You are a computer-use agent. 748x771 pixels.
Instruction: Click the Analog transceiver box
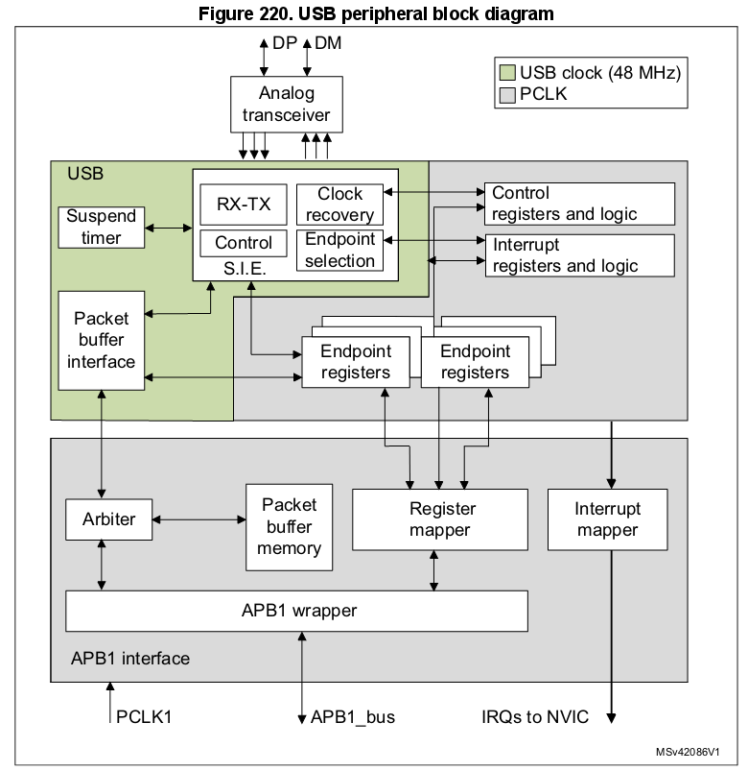click(x=286, y=105)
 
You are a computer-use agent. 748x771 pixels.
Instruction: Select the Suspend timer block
click(x=102, y=227)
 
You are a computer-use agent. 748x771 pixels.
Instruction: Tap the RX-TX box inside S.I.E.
click(x=236, y=204)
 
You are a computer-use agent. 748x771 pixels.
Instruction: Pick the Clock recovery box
click(x=339, y=204)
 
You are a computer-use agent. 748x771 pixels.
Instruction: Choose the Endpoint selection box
click(x=339, y=250)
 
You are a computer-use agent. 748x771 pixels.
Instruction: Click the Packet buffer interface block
click(x=102, y=340)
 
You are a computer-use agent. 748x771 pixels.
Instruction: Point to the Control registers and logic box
click(x=579, y=204)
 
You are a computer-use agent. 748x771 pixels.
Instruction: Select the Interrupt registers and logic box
click(x=579, y=255)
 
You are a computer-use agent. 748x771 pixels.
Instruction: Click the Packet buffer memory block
click(x=289, y=526)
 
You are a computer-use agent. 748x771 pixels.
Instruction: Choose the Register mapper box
click(x=440, y=519)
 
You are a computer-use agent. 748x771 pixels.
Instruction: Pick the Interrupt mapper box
click(x=607, y=519)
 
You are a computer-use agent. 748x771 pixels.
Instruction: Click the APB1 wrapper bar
click(x=296, y=610)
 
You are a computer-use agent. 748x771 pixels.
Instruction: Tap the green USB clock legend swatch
click(x=507, y=73)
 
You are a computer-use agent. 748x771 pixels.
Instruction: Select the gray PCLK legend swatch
click(x=507, y=94)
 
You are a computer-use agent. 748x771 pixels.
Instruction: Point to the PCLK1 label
click(x=145, y=716)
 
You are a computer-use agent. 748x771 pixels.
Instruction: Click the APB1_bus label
click(x=352, y=716)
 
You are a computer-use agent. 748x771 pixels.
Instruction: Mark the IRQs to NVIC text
click(x=535, y=716)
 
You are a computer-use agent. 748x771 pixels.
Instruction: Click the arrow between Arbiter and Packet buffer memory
click(x=199, y=519)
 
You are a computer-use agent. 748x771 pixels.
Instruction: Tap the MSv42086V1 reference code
click(x=688, y=752)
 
